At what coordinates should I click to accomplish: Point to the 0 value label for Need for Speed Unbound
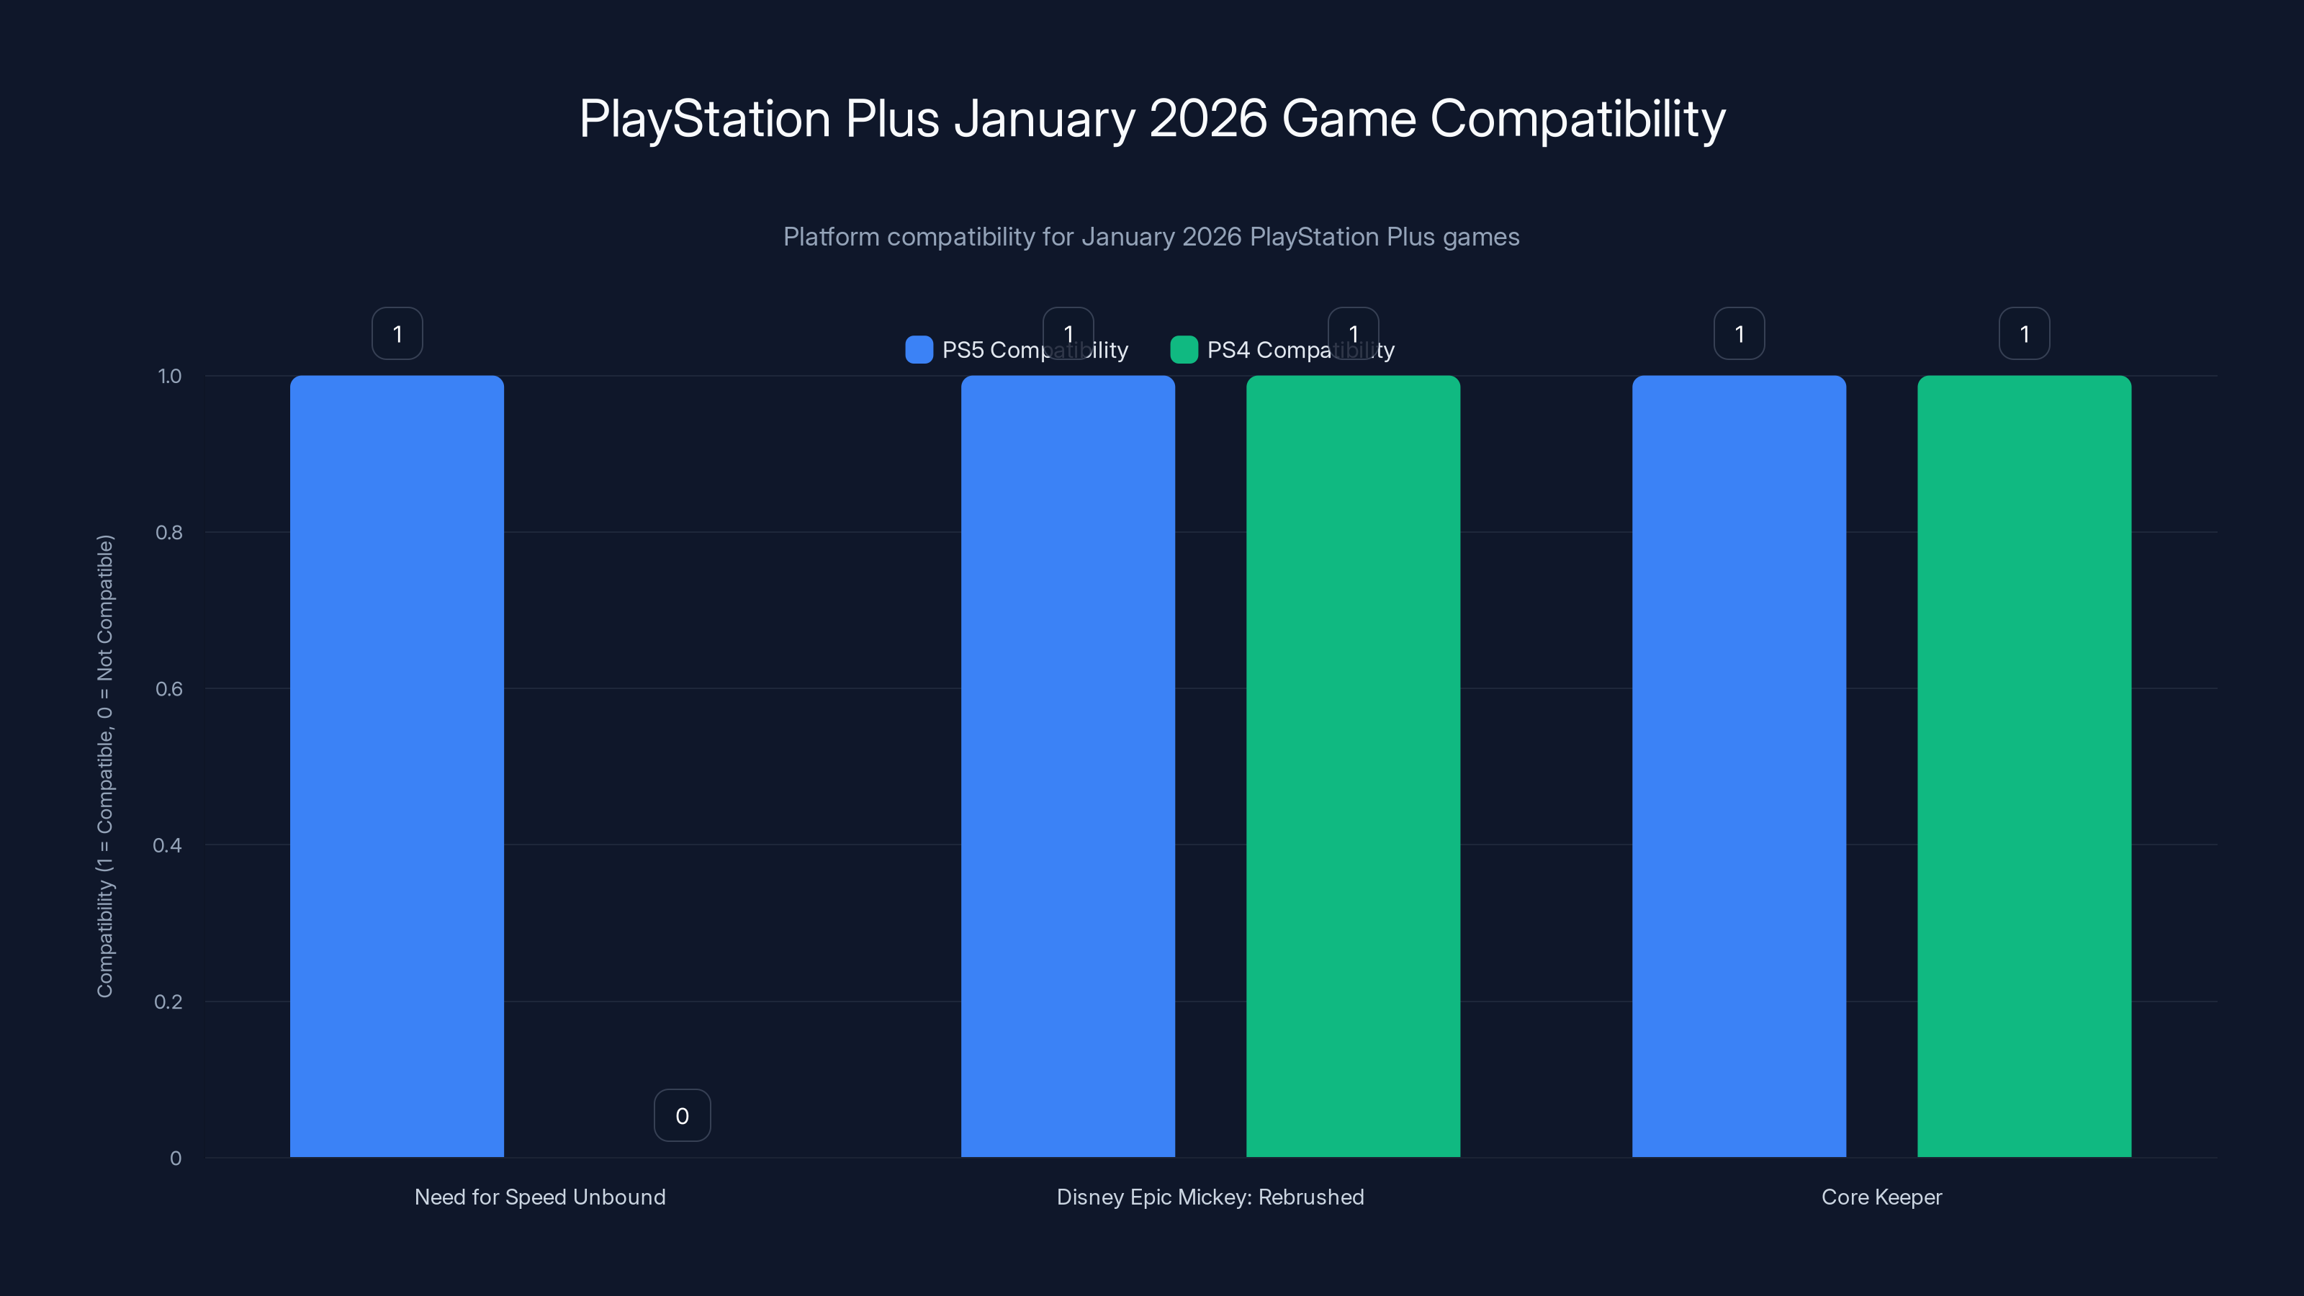click(682, 1115)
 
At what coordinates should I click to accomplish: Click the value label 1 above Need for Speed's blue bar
click(397, 333)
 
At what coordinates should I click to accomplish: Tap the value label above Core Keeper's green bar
click(2023, 333)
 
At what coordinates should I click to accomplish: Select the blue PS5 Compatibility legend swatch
click(919, 350)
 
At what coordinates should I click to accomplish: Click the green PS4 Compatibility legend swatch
click(1183, 350)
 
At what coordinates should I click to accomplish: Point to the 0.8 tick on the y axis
click(169, 532)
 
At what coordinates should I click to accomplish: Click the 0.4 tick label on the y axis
click(167, 845)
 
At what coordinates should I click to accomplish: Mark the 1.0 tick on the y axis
click(169, 376)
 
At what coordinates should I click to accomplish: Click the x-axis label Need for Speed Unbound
click(539, 1197)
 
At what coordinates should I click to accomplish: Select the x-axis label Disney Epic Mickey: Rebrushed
click(1210, 1197)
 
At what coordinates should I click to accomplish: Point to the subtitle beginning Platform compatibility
click(1151, 237)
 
